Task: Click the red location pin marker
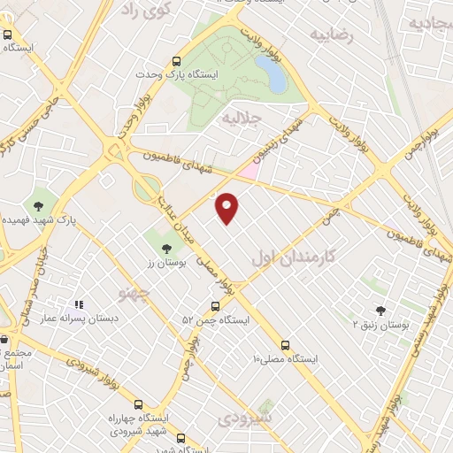[227, 207]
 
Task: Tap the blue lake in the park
[271, 74]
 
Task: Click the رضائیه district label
[331, 35]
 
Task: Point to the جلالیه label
[242, 117]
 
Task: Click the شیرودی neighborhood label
[246, 417]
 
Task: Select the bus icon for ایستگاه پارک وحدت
[176, 62]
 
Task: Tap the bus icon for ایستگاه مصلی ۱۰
[285, 345]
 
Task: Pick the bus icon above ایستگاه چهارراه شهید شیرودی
[138, 405]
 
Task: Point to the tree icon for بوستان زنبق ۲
[380, 310]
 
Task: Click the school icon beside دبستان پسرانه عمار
[77, 305]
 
